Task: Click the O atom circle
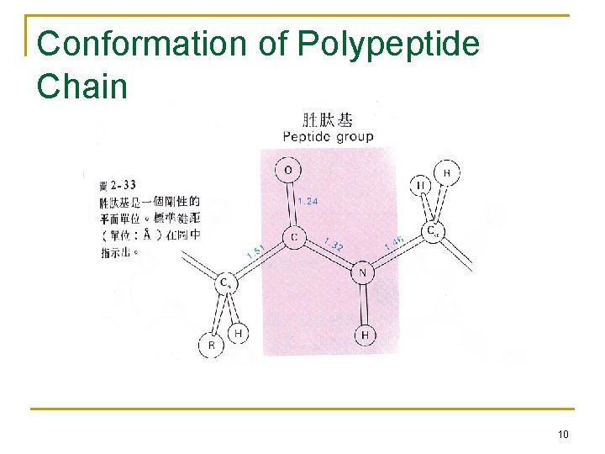(288, 171)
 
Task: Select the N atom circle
(363, 272)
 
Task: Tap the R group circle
(211, 345)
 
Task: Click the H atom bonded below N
(365, 335)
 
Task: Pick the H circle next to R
(239, 333)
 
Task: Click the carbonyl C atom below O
(293, 238)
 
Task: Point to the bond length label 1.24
(308, 201)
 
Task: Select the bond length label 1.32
(333, 245)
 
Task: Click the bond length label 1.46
(394, 242)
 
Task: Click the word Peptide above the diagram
(308, 137)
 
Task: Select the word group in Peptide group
(355, 137)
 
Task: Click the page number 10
(562, 434)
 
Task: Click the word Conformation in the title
(144, 45)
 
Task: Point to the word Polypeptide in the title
(388, 45)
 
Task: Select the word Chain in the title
(82, 86)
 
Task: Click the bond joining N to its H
(364, 304)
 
